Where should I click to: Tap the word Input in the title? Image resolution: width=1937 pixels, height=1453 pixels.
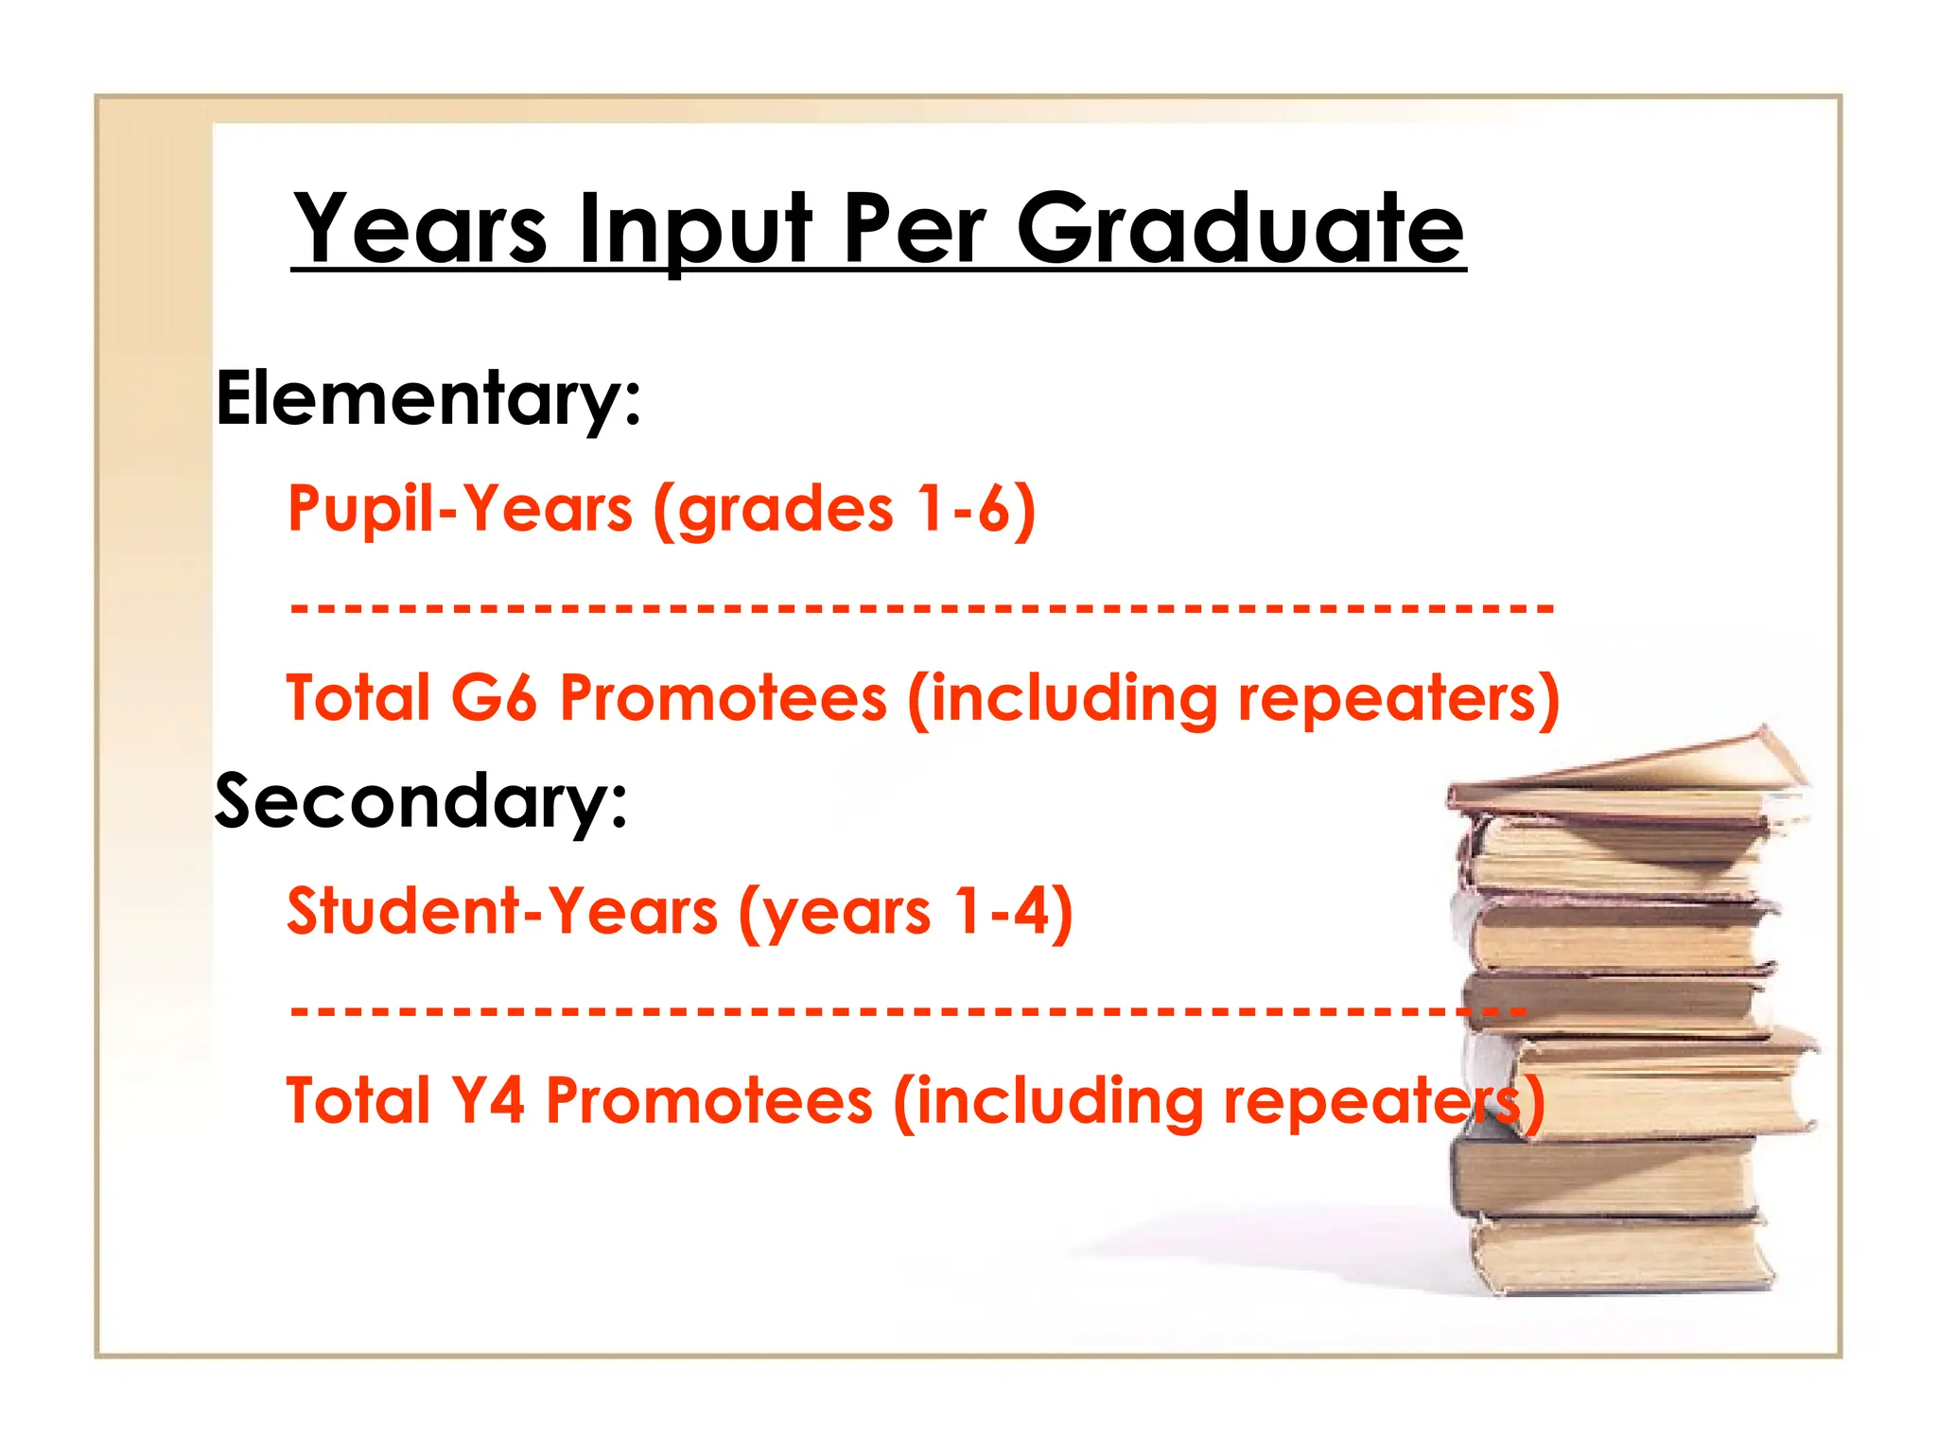click(694, 230)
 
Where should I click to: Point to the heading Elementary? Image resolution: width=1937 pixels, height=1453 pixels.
click(428, 399)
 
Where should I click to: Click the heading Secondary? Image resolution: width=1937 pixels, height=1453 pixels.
click(421, 801)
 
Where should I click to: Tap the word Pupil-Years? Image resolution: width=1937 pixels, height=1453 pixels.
click(460, 508)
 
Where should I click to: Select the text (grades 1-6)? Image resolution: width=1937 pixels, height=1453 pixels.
click(845, 510)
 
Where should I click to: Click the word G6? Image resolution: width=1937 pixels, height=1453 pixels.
click(493, 697)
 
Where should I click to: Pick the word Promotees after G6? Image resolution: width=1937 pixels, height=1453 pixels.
click(724, 697)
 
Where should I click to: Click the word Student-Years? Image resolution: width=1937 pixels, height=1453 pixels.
click(502, 911)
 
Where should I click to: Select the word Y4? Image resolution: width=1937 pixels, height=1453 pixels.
click(487, 1100)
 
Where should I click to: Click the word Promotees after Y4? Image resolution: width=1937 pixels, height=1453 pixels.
click(709, 1100)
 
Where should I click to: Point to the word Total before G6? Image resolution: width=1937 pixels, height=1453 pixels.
click(358, 697)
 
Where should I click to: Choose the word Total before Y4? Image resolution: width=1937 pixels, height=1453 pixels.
click(358, 1100)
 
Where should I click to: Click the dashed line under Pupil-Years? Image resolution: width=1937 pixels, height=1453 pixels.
click(922, 606)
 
